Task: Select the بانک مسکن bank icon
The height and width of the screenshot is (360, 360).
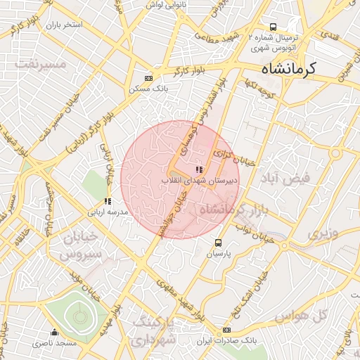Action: pyautogui.click(x=148, y=78)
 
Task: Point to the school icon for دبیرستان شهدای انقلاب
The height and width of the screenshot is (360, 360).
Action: pyautogui.click(x=199, y=169)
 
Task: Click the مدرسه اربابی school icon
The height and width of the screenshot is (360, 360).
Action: pyautogui.click(x=108, y=202)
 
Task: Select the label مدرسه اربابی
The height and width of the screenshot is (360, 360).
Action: pyautogui.click(x=108, y=212)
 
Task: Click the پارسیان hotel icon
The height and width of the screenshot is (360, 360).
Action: pyautogui.click(x=218, y=243)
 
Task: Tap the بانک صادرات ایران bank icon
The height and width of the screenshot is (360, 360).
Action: pyautogui.click(x=226, y=330)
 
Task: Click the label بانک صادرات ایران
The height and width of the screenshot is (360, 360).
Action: pyautogui.click(x=227, y=340)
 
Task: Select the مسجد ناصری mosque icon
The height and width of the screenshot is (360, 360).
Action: pyautogui.click(x=55, y=333)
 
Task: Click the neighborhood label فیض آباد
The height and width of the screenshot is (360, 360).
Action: pyautogui.click(x=303, y=178)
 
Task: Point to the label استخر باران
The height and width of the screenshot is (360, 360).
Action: pyautogui.click(x=64, y=25)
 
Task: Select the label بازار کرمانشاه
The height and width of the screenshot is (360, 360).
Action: pyautogui.click(x=231, y=210)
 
